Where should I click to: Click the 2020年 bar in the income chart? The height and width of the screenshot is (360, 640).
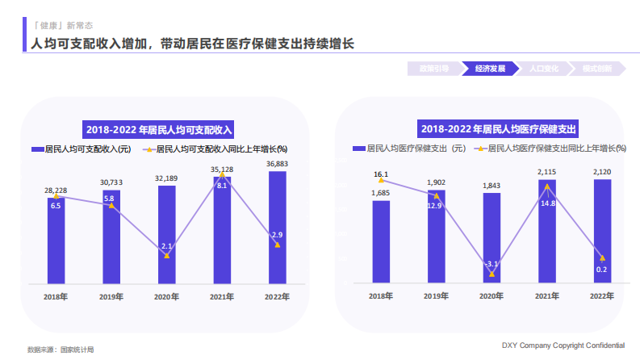[x=166, y=234]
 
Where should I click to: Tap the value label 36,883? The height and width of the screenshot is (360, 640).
[x=277, y=164]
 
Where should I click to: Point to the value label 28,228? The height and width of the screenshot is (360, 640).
[x=56, y=190]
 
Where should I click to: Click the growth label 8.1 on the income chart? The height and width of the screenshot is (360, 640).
[x=222, y=186]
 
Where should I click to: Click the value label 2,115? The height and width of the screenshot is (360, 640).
[x=546, y=172]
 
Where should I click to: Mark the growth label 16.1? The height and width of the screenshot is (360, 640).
[x=381, y=174]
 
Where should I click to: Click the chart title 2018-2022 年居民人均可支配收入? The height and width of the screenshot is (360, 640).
[x=159, y=129]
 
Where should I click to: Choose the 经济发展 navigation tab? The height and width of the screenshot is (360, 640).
[x=490, y=69]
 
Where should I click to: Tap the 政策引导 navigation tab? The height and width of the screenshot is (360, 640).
[x=434, y=69]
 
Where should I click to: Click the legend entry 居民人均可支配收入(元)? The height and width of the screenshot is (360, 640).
[x=81, y=149]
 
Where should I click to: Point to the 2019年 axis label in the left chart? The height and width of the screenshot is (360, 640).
[x=111, y=296]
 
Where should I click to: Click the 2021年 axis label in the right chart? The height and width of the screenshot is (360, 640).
[x=546, y=296]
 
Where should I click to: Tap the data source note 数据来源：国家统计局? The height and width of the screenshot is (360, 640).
[x=61, y=350]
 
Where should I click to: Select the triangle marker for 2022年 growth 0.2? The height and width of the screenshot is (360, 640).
[x=602, y=257]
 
